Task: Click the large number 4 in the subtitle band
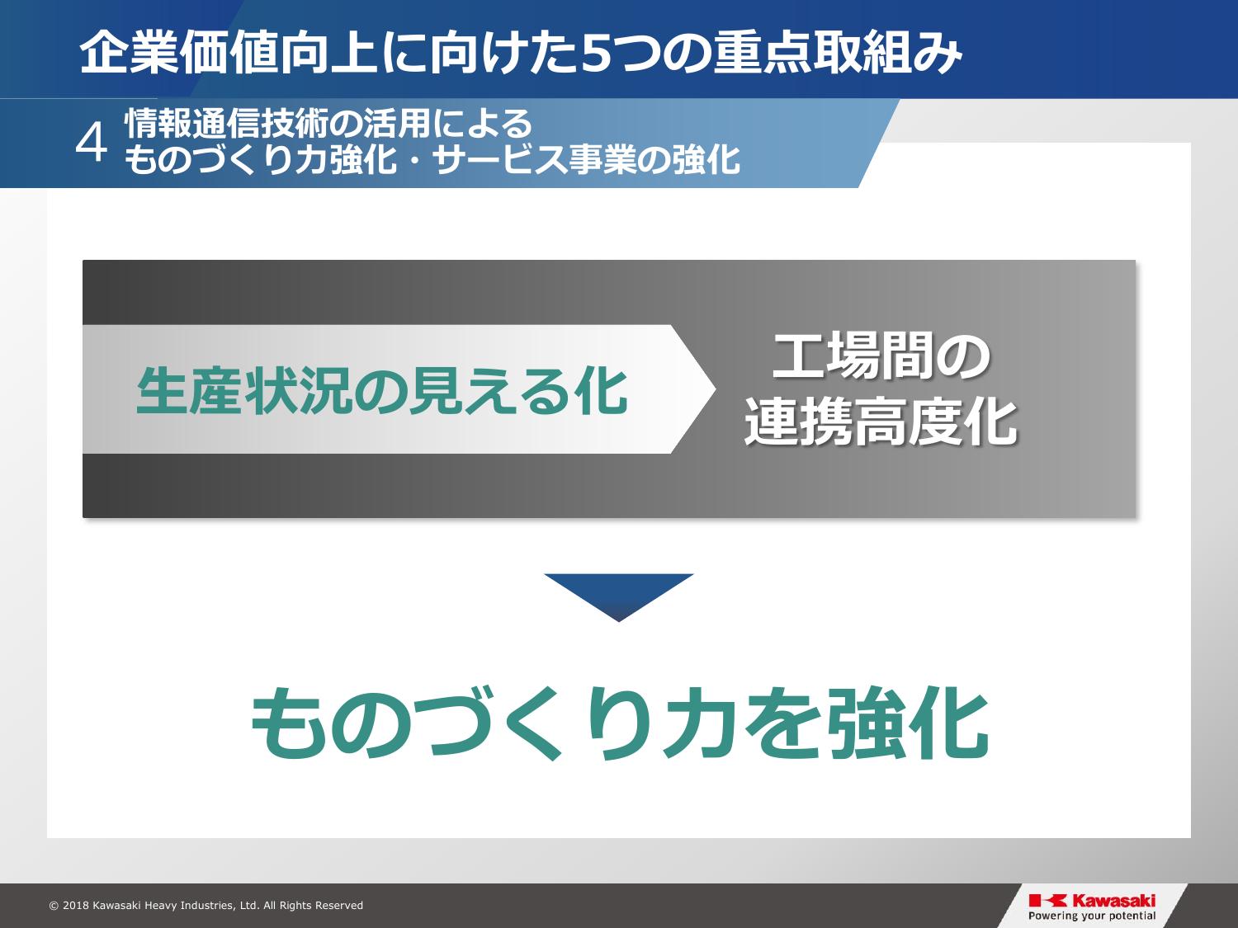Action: [x=91, y=144]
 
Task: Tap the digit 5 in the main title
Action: [x=599, y=54]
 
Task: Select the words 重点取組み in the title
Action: [x=838, y=54]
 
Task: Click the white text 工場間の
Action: [x=881, y=356]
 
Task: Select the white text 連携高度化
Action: [x=881, y=422]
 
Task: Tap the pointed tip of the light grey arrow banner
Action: [x=716, y=389]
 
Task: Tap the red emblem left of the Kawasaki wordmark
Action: [x=1048, y=901]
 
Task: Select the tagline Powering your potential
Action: [x=1092, y=916]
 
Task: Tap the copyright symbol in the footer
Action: [x=54, y=906]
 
